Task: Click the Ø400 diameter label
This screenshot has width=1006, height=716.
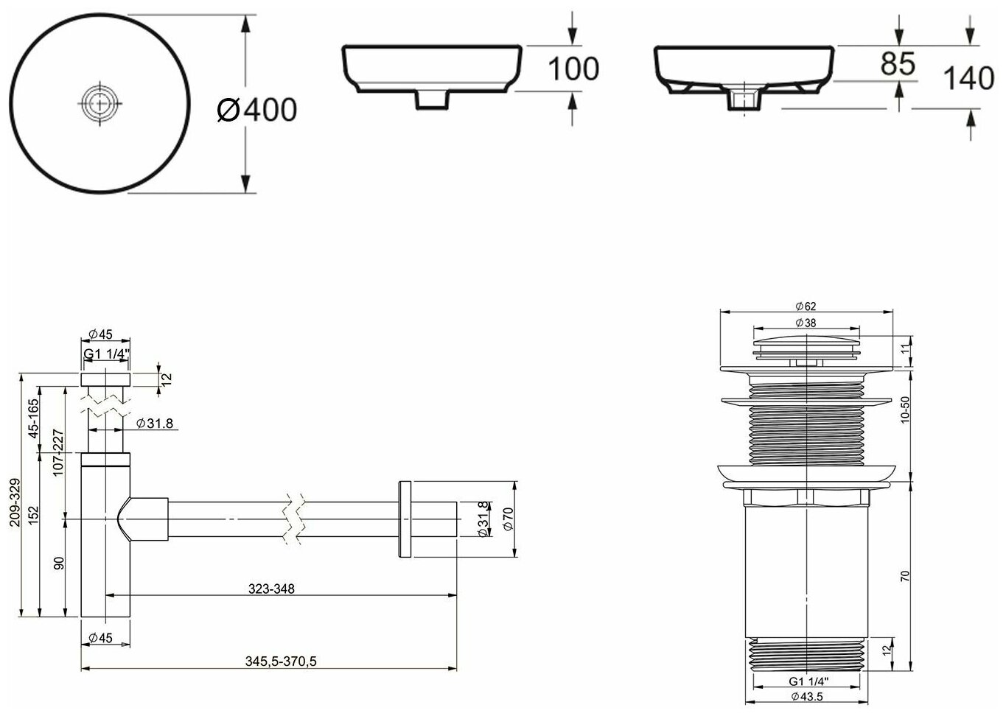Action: click(x=258, y=110)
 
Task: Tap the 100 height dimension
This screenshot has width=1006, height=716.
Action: click(x=573, y=69)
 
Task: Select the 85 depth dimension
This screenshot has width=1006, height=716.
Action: click(x=897, y=64)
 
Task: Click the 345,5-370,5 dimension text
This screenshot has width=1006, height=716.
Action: click(x=282, y=661)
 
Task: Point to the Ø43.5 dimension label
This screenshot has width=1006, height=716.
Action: click(x=806, y=696)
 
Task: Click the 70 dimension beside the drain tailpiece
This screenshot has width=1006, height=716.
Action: click(x=906, y=575)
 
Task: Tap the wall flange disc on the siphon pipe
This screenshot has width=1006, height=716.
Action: click(x=403, y=519)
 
